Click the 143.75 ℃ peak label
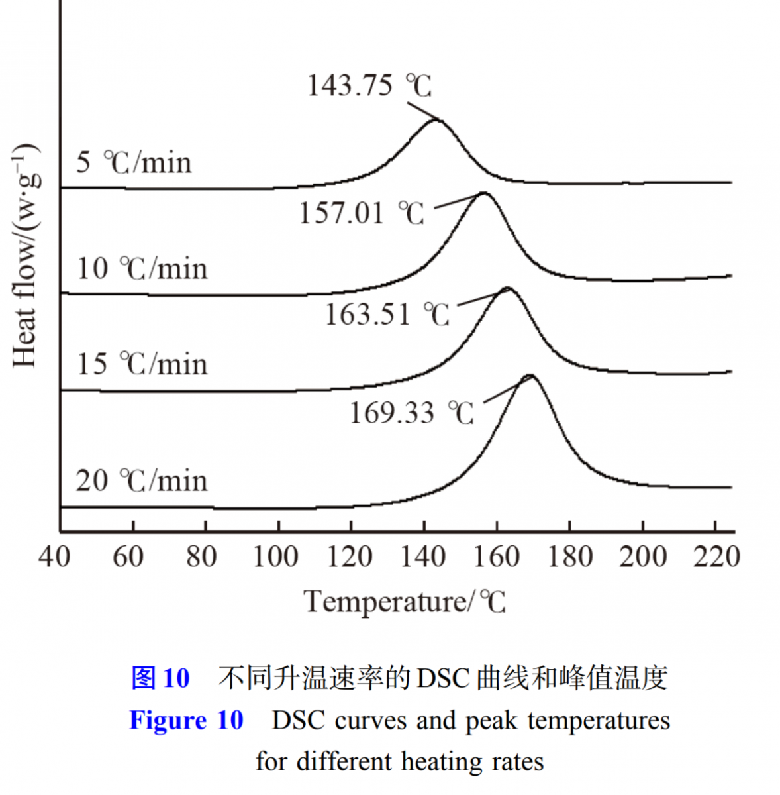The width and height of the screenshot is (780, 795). [369, 86]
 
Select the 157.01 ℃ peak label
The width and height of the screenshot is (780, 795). [361, 213]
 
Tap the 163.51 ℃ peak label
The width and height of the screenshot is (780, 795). [387, 314]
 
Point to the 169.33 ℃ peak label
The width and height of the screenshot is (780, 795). [411, 413]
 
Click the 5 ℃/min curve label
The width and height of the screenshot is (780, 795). [134, 162]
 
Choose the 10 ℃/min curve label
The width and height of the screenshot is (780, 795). [142, 268]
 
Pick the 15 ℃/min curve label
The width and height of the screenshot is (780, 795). [142, 364]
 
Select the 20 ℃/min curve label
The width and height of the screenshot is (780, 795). [142, 480]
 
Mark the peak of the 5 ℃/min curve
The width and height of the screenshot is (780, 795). [437, 120]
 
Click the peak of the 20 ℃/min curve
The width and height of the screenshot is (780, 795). [530, 376]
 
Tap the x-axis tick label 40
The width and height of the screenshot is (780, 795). [54, 556]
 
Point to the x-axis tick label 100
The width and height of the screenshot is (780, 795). [275, 556]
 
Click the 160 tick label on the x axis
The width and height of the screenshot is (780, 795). [497, 556]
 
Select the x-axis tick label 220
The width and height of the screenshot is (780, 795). [716, 556]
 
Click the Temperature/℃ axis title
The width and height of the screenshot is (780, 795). [405, 602]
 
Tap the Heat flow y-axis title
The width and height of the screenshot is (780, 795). [25, 255]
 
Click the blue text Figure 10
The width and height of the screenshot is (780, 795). [186, 720]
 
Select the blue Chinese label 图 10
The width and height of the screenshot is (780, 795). [160, 678]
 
